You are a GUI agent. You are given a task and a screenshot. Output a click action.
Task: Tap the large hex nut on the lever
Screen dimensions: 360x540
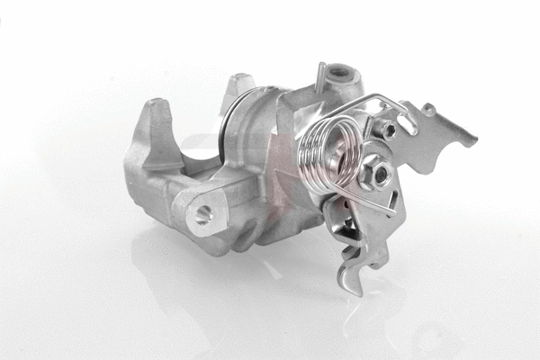(x=375, y=170)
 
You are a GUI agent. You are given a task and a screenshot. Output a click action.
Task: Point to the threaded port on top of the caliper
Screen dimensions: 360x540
(x=341, y=73)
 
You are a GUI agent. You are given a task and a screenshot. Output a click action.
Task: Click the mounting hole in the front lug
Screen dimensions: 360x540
(x=204, y=213)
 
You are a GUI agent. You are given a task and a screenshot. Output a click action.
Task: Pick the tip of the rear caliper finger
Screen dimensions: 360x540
(x=238, y=84)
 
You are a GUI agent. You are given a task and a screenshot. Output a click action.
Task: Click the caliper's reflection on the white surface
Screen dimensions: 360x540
(x=225, y=288)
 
